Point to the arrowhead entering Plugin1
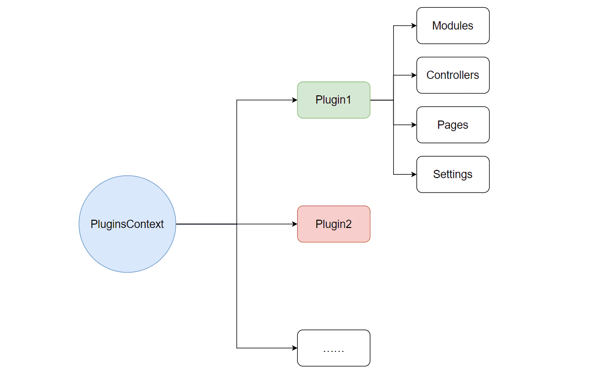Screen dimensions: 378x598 [294, 100]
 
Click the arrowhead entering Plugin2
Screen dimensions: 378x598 [294, 224]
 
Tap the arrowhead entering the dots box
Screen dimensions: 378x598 [294, 348]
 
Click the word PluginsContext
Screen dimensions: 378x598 [127, 225]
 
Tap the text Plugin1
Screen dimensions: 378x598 [333, 100]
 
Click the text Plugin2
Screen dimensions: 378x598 [333, 225]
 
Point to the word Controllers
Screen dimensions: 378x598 [453, 76]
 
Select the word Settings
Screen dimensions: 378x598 [453, 175]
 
